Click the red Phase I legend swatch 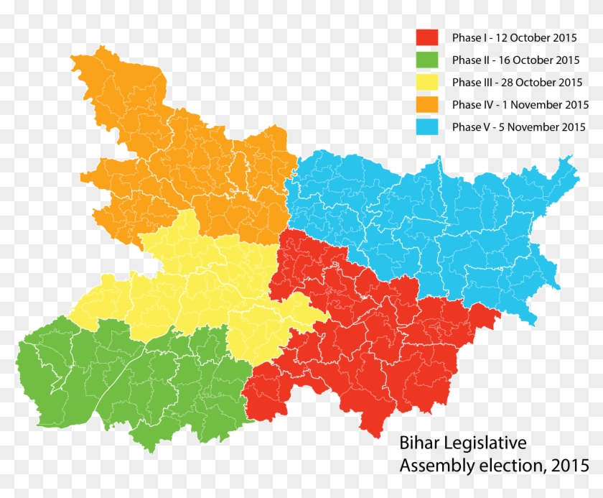(427, 37)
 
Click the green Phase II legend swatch (427, 60)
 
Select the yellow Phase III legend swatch (427, 82)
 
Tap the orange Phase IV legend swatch (427, 104)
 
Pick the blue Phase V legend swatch (427, 127)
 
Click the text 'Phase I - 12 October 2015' (514, 37)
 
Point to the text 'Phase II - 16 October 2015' (515, 60)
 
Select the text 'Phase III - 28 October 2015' (517, 82)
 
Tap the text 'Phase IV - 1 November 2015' (520, 105)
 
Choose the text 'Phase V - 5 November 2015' (518, 127)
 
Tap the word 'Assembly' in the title (431, 466)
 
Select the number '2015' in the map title (568, 466)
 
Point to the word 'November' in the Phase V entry (532, 127)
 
